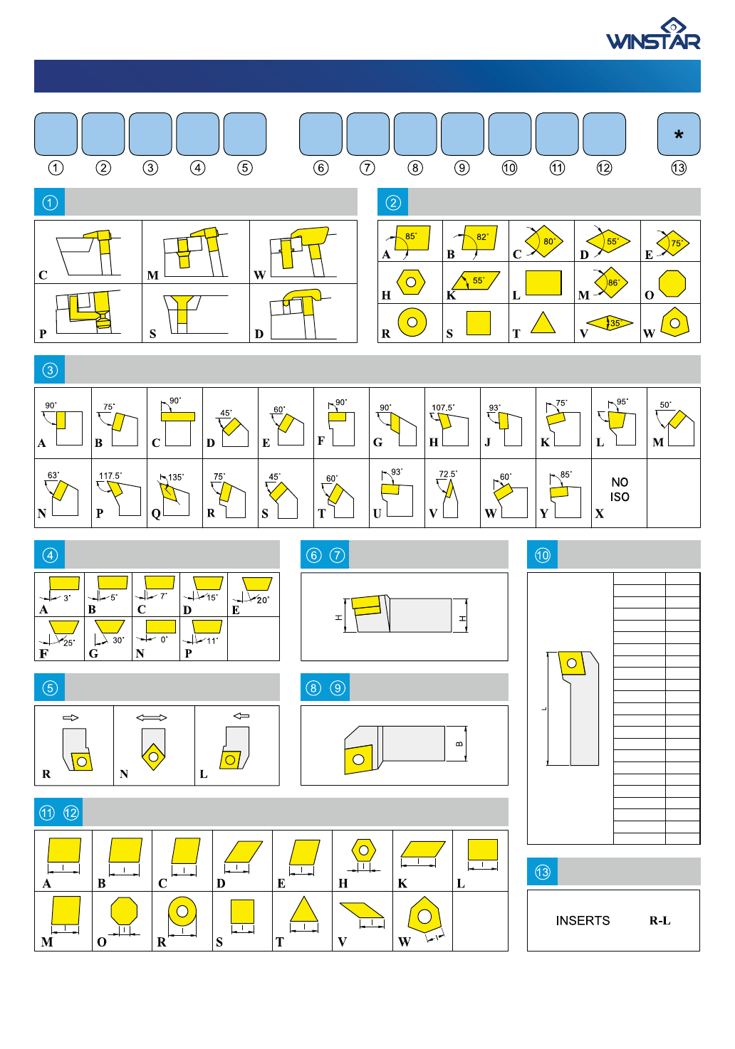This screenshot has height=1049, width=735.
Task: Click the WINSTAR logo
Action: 653,33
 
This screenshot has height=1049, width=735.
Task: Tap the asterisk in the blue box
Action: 678,135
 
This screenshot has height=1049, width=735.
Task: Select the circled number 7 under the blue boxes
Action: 367,168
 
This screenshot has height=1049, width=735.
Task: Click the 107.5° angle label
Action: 442,407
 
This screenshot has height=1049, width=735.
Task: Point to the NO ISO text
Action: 620,490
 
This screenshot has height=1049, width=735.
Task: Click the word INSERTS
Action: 583,921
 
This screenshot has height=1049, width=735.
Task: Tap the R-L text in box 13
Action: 660,921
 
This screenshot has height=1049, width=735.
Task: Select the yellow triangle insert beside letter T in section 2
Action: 543,322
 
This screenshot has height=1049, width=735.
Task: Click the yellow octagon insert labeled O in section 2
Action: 672,283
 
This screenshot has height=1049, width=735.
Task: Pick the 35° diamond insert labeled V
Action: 610,322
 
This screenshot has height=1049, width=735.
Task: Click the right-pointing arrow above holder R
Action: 71,717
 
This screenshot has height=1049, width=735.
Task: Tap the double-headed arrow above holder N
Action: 152,717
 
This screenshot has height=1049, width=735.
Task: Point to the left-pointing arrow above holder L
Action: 241,715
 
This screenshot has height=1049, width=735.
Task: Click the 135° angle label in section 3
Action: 176,478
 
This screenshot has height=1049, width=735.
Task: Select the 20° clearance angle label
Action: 263,600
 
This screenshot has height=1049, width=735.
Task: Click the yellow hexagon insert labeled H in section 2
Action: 411,283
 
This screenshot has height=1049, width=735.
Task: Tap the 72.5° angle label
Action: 448,474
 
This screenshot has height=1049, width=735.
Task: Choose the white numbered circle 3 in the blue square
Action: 50,370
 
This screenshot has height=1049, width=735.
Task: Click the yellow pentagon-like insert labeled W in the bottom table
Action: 424,915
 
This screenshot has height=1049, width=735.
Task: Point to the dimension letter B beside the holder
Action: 459,744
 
